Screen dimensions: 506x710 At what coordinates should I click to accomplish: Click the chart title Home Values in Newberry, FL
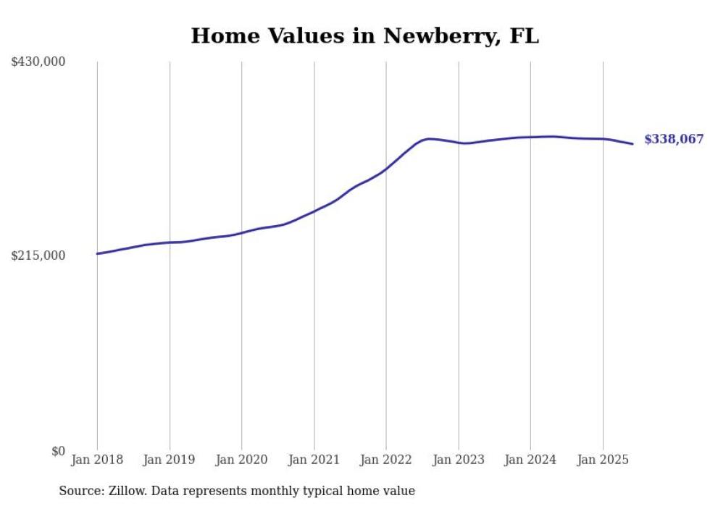(364, 36)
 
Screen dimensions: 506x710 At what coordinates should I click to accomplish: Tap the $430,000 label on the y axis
(38, 62)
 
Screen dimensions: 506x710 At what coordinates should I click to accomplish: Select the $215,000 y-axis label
(38, 256)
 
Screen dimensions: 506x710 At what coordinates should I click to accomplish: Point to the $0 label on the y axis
(58, 451)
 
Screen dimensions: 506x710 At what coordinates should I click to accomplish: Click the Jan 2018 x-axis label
(97, 460)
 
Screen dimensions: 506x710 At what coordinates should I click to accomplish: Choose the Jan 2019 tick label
(170, 460)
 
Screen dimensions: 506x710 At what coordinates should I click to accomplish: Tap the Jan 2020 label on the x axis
(241, 460)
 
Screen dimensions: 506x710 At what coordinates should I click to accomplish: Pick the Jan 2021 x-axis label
(314, 460)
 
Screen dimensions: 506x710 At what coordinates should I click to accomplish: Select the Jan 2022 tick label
(386, 460)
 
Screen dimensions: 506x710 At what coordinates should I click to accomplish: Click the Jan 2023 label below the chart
(458, 460)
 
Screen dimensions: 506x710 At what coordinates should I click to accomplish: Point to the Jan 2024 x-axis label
(530, 460)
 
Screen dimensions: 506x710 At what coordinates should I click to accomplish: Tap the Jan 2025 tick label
(602, 460)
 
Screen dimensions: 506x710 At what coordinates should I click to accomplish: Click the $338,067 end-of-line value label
(674, 140)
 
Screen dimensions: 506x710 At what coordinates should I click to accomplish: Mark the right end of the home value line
(632, 143)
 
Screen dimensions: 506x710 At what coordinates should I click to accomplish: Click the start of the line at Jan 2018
(97, 253)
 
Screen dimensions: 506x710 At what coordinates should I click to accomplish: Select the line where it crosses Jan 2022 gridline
(386, 169)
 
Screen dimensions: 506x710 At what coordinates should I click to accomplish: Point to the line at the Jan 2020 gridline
(241, 232)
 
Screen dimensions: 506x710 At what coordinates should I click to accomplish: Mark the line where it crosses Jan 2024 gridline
(530, 137)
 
